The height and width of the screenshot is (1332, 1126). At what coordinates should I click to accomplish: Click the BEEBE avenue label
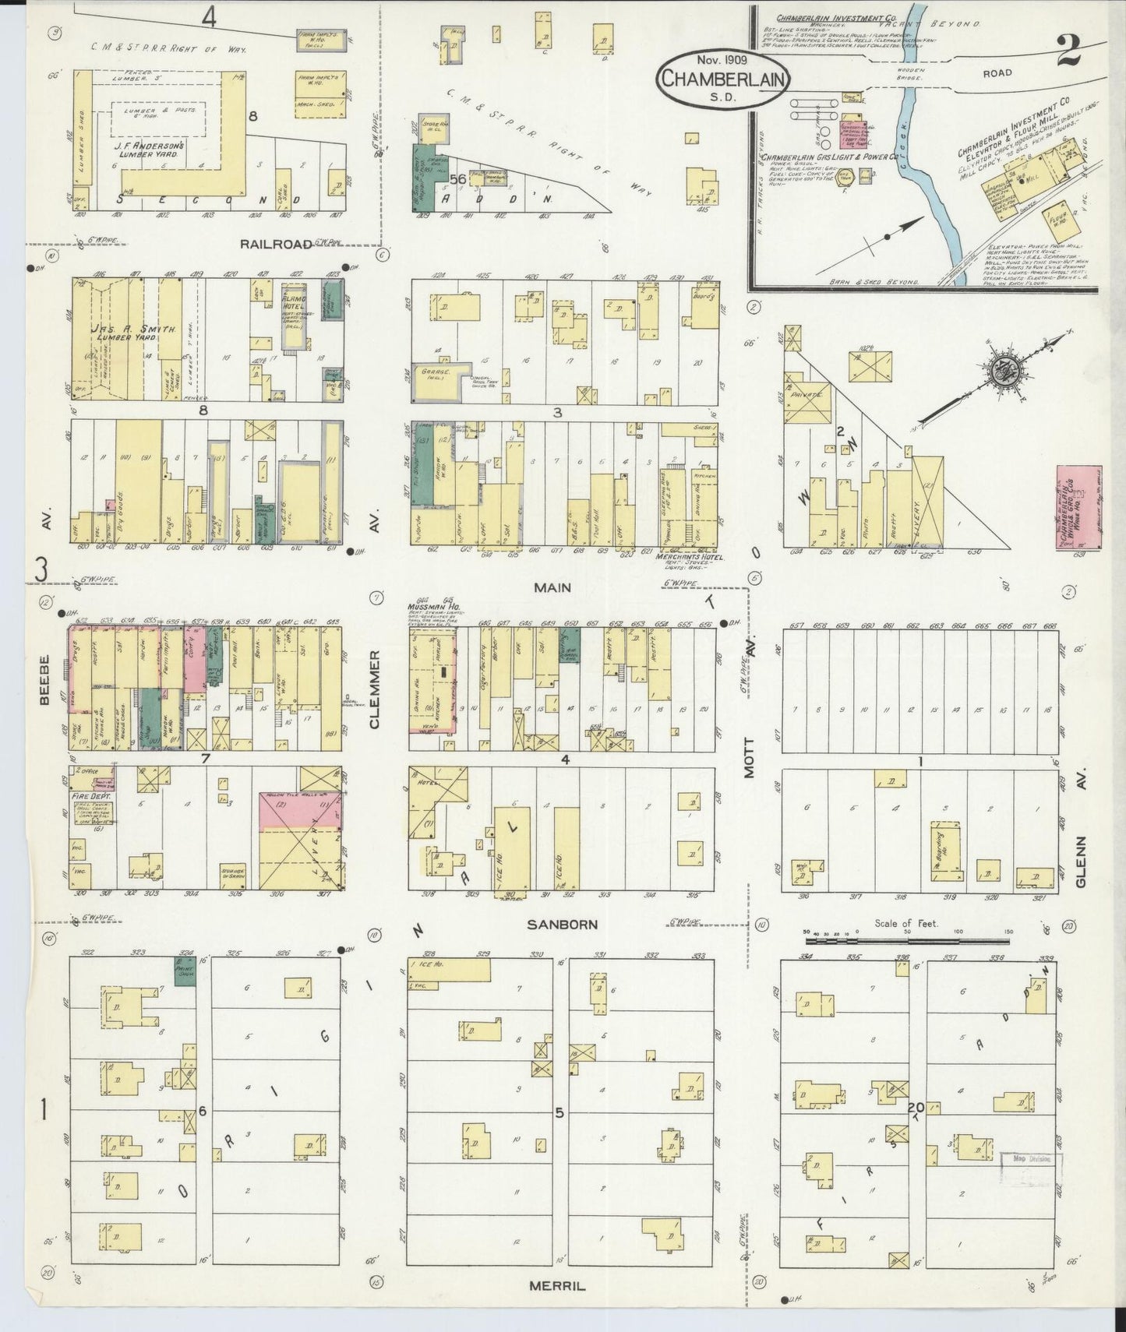[x=44, y=680]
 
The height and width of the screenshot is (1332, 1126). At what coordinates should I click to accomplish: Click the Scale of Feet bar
[x=907, y=941]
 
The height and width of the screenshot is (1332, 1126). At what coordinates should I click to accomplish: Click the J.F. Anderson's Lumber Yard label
[x=147, y=150]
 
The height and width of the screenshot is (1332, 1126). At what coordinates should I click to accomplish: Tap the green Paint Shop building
[x=185, y=973]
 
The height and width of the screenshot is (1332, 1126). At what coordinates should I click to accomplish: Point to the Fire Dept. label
[x=88, y=797]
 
